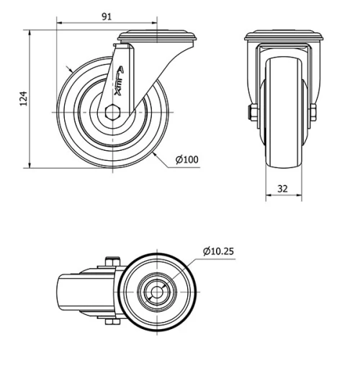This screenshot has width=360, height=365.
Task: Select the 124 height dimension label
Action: [22, 99]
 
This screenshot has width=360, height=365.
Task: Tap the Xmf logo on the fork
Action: [119, 81]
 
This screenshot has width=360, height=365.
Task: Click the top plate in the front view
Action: [282, 36]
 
